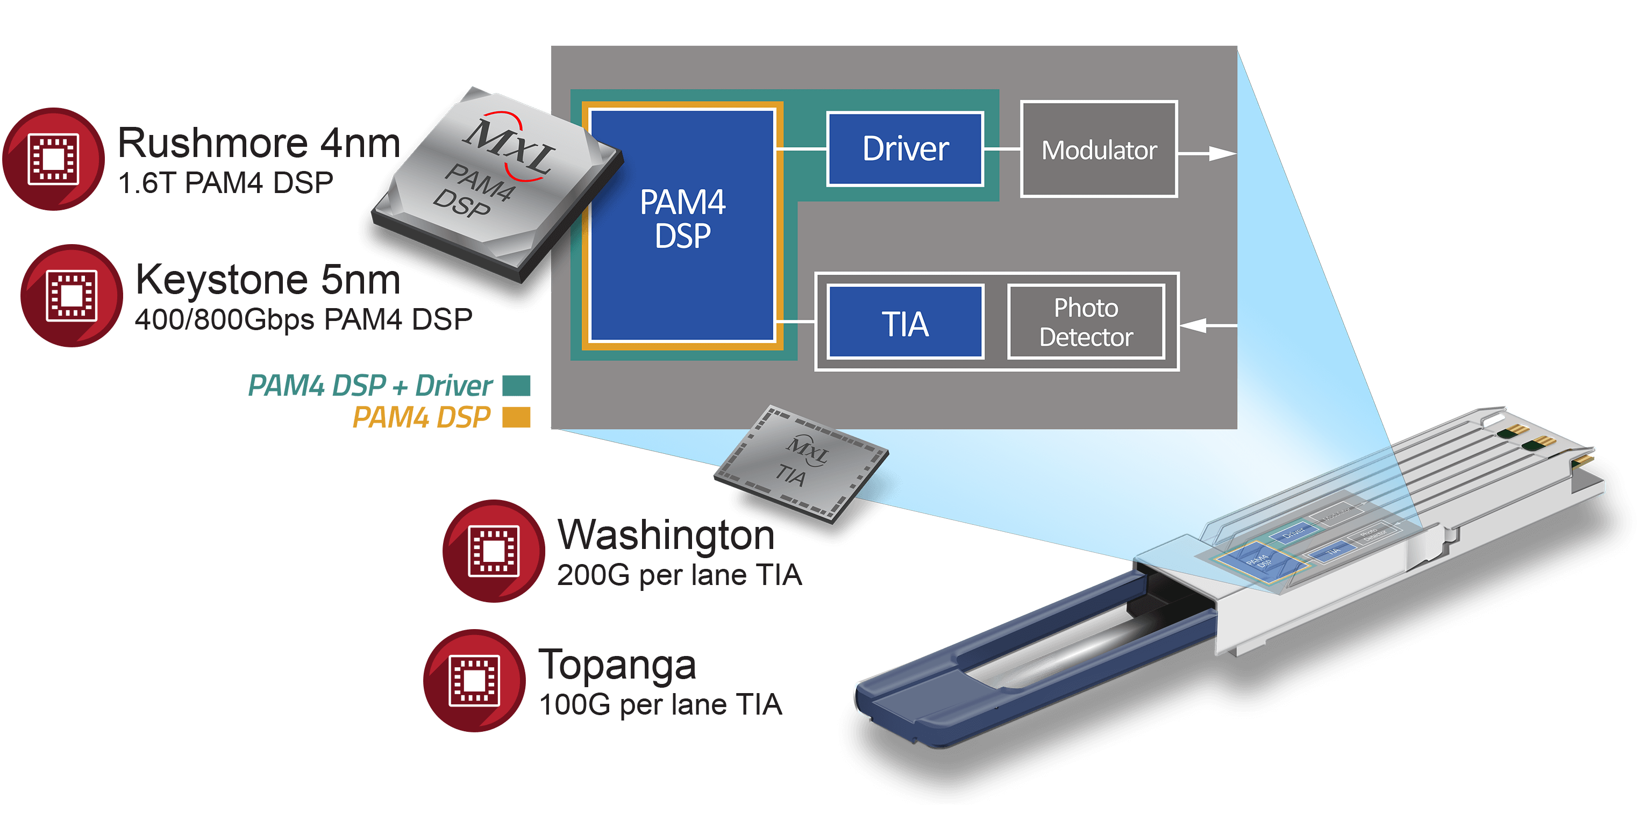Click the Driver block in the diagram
coord(904,149)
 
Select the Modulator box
coord(1099,149)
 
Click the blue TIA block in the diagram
coord(904,323)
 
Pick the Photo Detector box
coord(1086,323)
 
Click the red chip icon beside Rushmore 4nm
coord(53,159)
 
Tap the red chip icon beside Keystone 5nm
coord(72,295)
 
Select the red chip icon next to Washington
coord(494,551)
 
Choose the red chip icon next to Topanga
coord(474,681)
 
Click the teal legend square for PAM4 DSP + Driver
coord(516,385)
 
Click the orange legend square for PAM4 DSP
coord(516,418)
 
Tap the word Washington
coord(666,535)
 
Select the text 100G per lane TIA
coord(660,705)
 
